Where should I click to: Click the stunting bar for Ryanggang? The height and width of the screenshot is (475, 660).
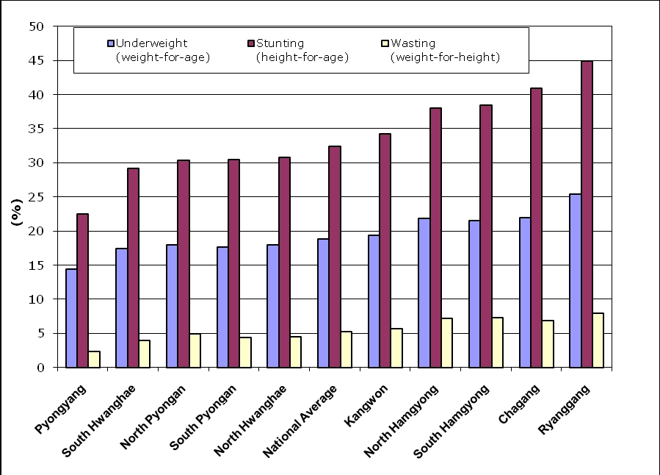[x=587, y=214]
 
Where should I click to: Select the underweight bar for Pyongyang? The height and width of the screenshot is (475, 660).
[x=71, y=318]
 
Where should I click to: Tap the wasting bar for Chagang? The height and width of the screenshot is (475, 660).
[x=548, y=343]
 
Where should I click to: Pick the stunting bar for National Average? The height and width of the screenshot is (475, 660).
[x=335, y=257]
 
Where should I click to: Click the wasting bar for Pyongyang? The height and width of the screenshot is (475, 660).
[x=94, y=359]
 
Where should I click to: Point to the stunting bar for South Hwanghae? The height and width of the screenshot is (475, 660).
[x=133, y=268]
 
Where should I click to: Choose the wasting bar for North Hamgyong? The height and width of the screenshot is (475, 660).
[x=446, y=343]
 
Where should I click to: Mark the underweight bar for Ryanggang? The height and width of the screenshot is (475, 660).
[x=575, y=280]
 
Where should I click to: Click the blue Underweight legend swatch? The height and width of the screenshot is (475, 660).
[x=111, y=43]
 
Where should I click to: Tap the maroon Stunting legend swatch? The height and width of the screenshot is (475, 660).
[x=250, y=43]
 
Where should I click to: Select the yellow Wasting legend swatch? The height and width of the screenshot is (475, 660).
[x=386, y=43]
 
